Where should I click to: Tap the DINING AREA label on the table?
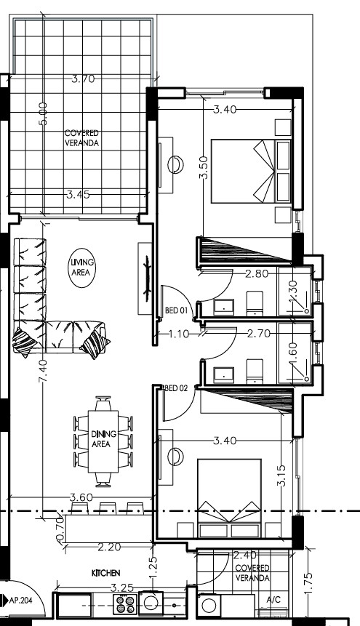pos(101,439)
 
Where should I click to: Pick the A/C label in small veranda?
pos(274,601)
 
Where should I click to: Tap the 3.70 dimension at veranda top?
pos(83,79)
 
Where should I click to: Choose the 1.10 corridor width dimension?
pos(180,334)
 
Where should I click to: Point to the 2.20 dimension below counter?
pos(110,546)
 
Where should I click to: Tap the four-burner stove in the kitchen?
pos(126,603)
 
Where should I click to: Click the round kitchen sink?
pos(151,602)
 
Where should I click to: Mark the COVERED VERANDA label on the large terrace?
pos(81,138)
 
